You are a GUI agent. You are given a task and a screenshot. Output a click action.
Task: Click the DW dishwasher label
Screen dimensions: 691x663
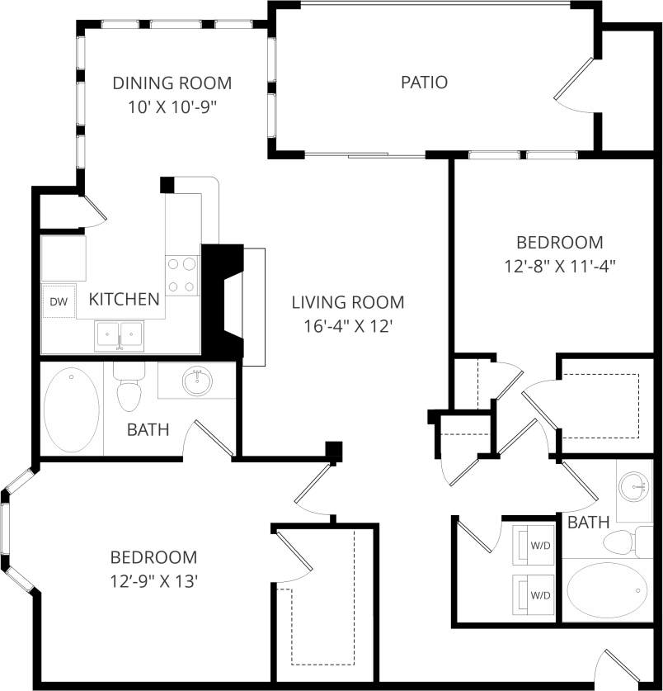[x=58, y=302]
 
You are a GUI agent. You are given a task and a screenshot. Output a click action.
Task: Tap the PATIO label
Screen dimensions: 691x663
[x=424, y=83]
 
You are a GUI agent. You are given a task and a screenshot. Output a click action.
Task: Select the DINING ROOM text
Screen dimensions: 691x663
[x=172, y=83]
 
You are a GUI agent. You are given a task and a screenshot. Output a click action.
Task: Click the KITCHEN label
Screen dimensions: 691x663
[x=124, y=299]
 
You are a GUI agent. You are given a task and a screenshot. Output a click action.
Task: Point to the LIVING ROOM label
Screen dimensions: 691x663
[x=348, y=302]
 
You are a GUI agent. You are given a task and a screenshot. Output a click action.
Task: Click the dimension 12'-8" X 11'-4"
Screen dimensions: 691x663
[x=561, y=266]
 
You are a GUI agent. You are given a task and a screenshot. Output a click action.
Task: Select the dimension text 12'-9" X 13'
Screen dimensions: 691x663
[x=154, y=580]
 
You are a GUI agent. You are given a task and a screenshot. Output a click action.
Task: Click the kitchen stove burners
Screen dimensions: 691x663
[x=182, y=275]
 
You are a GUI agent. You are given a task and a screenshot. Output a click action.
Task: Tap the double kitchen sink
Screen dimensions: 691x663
[x=120, y=335]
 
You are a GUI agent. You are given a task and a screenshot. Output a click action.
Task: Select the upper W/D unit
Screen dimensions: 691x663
[x=534, y=546]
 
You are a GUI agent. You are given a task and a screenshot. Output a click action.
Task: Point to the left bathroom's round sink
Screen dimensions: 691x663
[x=196, y=381]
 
